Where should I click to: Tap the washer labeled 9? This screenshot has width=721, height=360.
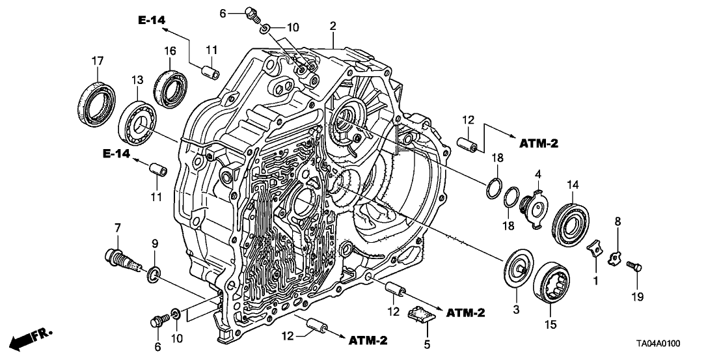pyautogui.click(x=154, y=274)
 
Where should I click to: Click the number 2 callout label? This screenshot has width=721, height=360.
pyautogui.click(x=333, y=25)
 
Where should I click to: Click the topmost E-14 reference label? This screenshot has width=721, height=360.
pyautogui.click(x=151, y=21)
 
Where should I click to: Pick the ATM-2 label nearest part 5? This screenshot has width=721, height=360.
pyautogui.click(x=465, y=313)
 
